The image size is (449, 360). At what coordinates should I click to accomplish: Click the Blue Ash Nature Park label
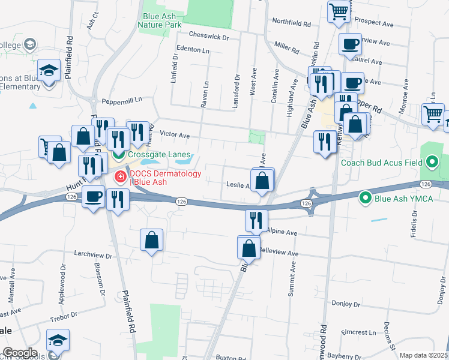pos(159,21)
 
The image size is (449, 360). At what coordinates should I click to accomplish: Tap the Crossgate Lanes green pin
pos(118,155)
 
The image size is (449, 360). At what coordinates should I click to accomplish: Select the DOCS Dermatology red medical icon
pos(120,177)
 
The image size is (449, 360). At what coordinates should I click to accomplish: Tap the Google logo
pos(20,353)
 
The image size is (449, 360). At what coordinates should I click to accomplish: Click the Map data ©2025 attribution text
pos(423,355)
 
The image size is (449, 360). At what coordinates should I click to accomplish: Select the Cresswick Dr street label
pos(208,37)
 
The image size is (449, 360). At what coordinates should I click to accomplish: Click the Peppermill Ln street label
pos(121,100)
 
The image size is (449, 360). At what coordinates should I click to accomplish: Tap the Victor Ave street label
pos(174,136)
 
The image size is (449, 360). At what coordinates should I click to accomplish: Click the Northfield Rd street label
pos(291,25)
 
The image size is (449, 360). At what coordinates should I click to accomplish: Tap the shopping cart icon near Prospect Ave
pos(339,11)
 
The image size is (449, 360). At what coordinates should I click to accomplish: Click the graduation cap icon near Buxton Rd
pos(58,340)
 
